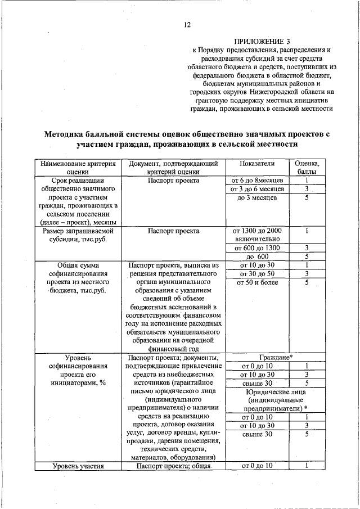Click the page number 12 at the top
[x=187, y=25]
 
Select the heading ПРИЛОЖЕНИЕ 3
[x=263, y=42]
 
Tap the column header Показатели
[x=256, y=163]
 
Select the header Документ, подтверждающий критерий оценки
[x=173, y=167]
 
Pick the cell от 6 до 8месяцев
[x=256, y=180]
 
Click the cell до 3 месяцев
[x=256, y=198]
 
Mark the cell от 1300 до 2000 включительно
[x=256, y=235]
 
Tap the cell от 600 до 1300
[x=256, y=248]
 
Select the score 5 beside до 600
[x=307, y=257]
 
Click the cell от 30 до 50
[x=256, y=274]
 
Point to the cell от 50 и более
[x=256, y=282]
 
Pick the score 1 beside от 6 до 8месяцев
[x=307, y=180]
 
